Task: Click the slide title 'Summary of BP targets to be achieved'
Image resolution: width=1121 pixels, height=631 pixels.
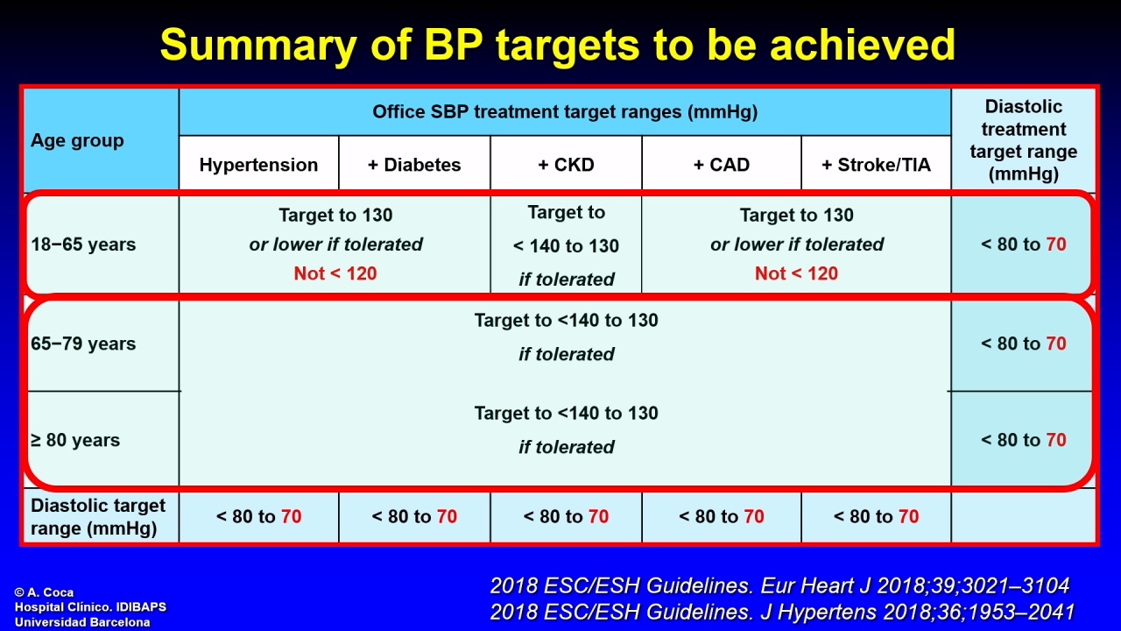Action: coord(558,45)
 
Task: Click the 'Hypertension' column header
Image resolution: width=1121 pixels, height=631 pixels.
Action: coord(258,165)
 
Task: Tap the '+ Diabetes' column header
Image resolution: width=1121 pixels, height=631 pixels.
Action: coord(414,165)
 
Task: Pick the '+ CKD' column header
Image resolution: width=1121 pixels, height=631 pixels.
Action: coord(566,165)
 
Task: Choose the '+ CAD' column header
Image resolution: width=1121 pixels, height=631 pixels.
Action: coord(721,165)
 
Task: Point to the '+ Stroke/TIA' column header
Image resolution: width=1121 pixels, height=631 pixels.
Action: coord(877,165)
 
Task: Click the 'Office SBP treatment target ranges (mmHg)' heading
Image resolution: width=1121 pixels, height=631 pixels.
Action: coord(565,111)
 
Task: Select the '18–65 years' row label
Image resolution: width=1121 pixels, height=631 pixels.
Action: coord(83,245)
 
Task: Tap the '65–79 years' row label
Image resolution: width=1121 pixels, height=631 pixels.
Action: coord(83,344)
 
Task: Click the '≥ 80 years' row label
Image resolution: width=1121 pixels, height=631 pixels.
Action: coord(75,440)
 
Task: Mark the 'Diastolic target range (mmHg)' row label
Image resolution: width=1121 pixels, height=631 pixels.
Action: coord(98,517)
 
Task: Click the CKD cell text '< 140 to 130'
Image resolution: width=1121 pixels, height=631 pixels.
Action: coord(566,246)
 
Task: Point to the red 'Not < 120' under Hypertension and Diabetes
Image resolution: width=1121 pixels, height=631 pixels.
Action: coord(335,273)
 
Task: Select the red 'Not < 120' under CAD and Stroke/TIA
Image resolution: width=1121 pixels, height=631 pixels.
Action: coord(796,273)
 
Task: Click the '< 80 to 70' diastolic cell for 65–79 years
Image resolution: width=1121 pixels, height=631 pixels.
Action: coord(1024,344)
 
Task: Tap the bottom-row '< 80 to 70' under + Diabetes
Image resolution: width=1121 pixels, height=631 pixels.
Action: coord(414,516)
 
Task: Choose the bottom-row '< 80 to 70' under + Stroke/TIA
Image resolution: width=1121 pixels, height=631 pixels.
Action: coord(877,516)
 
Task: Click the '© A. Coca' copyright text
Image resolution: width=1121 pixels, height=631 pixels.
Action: coord(44,592)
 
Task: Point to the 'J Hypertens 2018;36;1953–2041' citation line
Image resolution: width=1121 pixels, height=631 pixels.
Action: coord(918,612)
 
